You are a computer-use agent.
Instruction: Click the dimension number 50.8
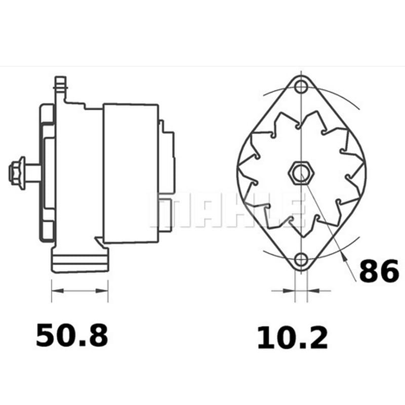pos(72,335)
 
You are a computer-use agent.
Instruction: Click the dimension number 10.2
pos(293,338)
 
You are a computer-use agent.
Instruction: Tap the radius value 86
pos(379,270)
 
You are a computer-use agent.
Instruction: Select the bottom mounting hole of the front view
pos(301,260)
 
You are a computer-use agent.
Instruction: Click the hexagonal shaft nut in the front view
pos(301,173)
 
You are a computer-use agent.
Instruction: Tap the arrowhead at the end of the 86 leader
pos(344,257)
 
